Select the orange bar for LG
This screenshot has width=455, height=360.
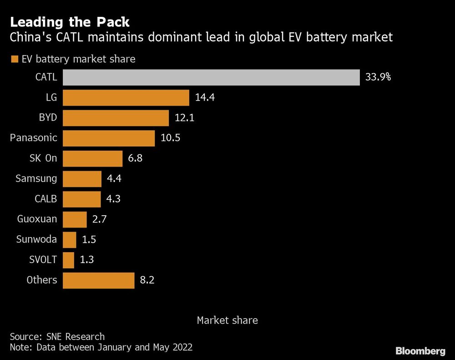coord(126,98)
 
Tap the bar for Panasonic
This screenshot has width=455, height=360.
coord(109,138)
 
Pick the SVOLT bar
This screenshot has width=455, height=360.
coord(68,260)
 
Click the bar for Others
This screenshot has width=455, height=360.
coord(98,280)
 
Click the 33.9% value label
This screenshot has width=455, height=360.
coord(378,77)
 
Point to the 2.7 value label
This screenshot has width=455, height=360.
coord(100,219)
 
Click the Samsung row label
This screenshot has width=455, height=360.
coord(36,179)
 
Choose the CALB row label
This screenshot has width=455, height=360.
coord(45,199)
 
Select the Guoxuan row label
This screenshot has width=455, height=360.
coord(37,219)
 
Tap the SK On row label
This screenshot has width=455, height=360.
coord(43,159)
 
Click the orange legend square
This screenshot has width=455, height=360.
coord(14,59)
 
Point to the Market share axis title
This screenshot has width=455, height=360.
coord(227,320)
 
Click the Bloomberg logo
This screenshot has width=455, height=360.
coord(420,351)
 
